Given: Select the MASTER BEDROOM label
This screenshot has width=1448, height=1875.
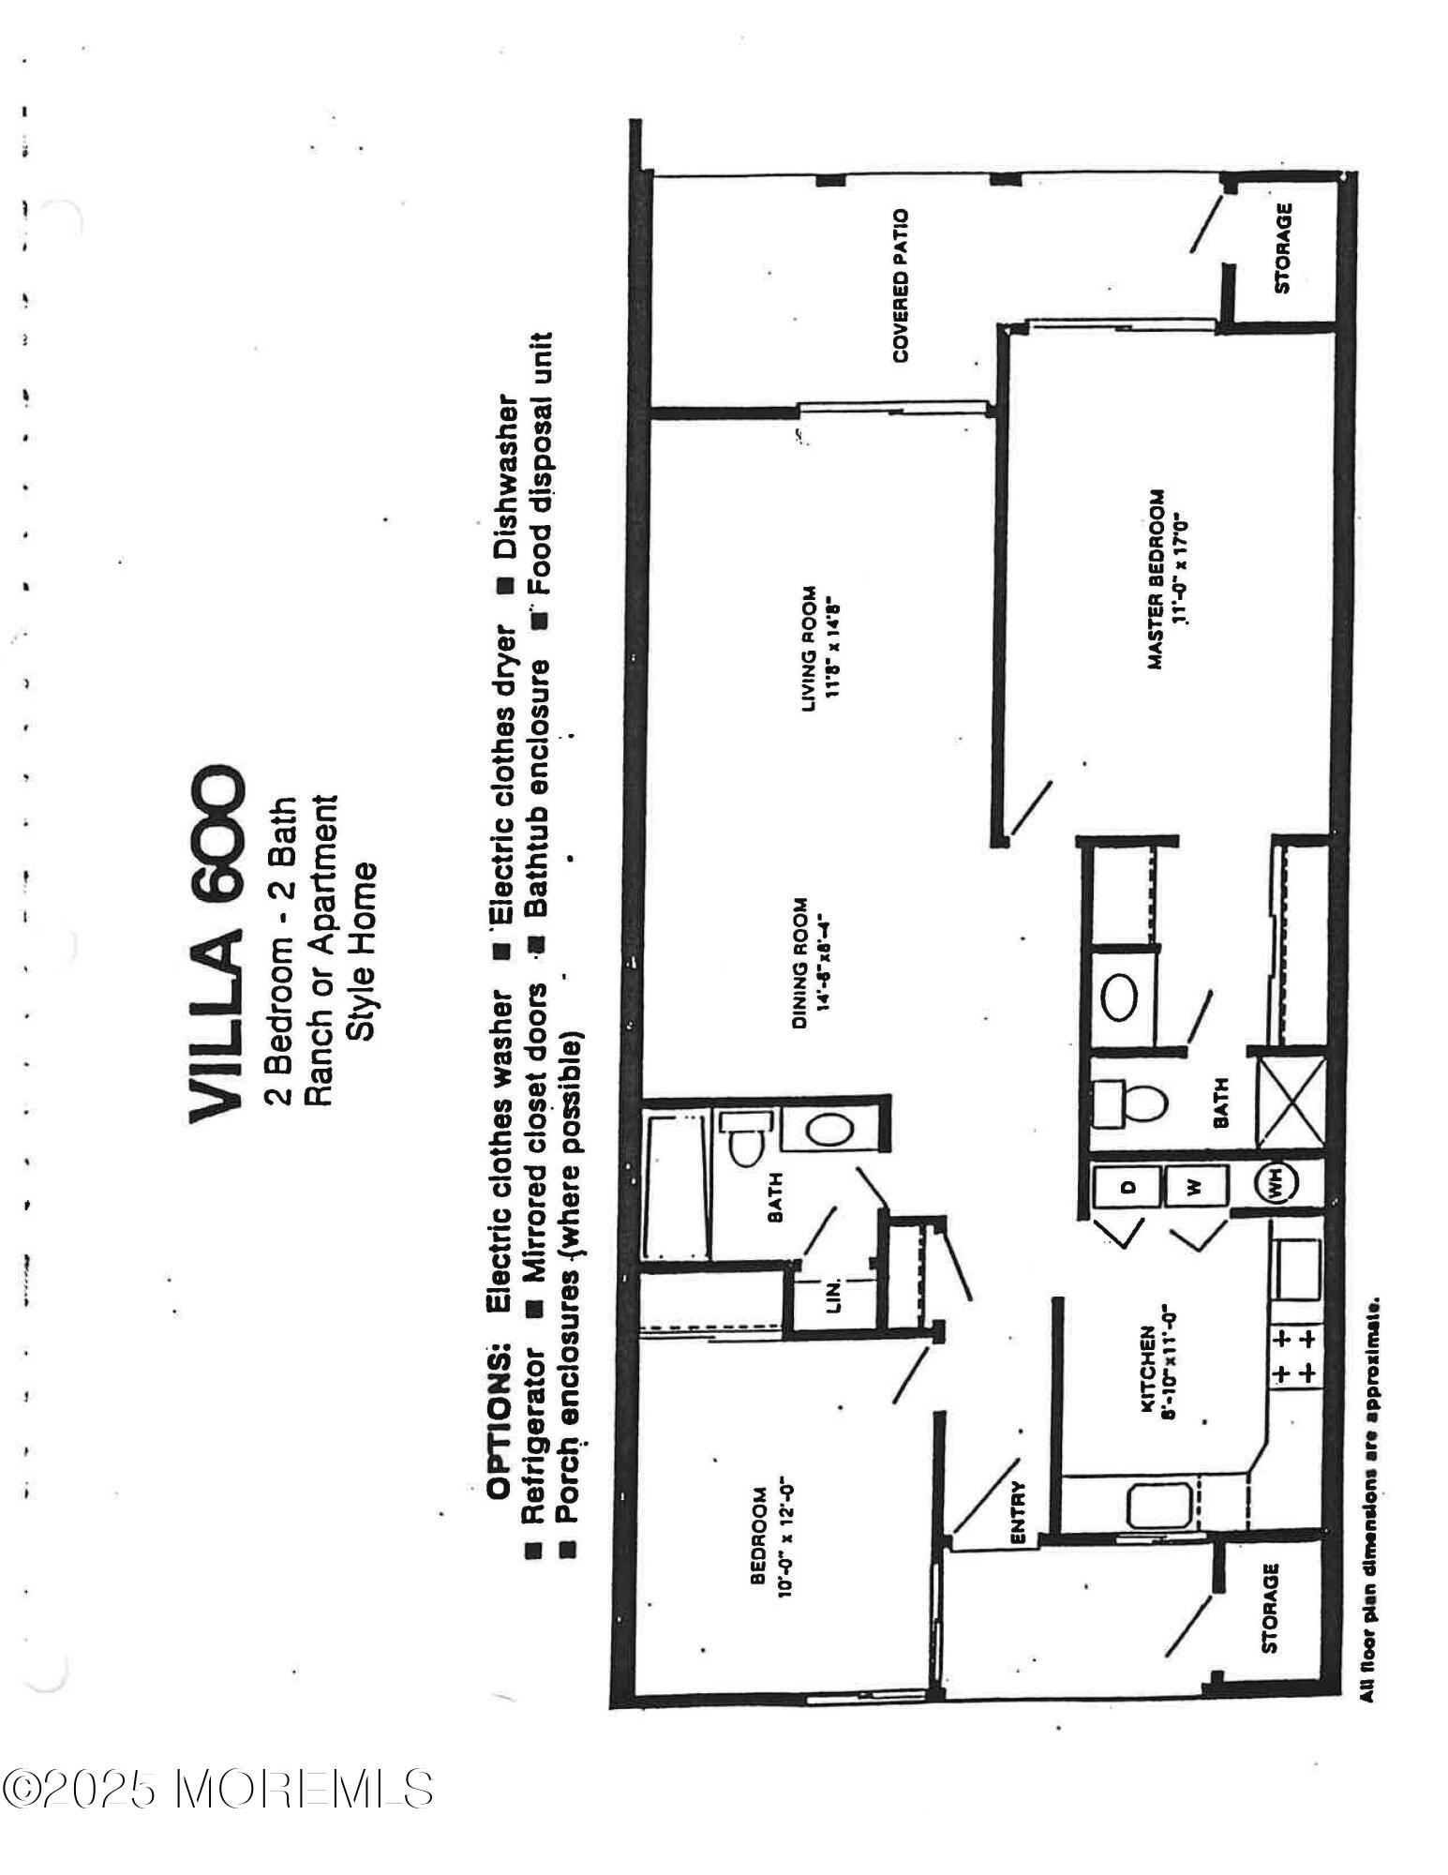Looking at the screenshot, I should click(x=1158, y=579).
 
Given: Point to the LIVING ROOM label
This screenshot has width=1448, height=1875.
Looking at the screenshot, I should click(x=811, y=649).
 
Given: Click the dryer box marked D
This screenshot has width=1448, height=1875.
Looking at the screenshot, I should click(x=1128, y=1185).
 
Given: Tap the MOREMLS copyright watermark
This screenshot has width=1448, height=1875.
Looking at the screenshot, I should click(x=218, y=1789).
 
